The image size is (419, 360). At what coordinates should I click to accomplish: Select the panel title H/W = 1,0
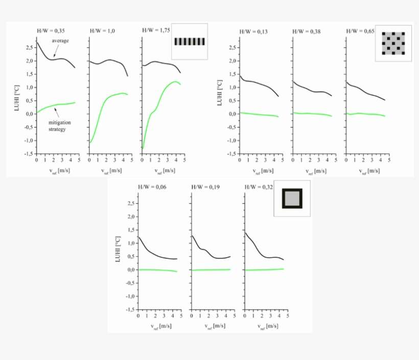103,31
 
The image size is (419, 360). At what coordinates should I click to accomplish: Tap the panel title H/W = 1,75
156,31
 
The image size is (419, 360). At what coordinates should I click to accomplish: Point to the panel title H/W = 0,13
253,32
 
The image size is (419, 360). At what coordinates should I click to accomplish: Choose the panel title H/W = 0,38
306,32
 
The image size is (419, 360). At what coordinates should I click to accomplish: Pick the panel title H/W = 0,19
205,187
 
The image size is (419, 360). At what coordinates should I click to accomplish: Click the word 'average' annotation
60,41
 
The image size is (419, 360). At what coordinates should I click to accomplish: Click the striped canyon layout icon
190,42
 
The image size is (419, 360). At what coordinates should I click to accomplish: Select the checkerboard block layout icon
393,43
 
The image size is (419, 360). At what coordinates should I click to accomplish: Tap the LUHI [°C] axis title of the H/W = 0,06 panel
117,250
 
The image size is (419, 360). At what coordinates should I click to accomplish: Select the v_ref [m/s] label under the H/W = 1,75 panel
164,170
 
